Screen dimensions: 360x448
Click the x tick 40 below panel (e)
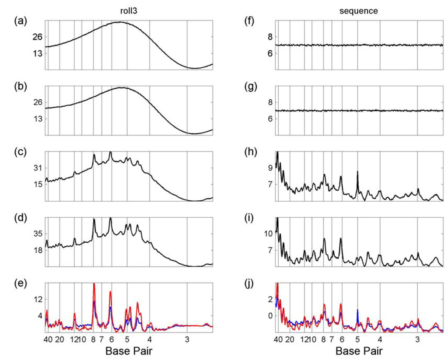pyautogui.click(x=48, y=339)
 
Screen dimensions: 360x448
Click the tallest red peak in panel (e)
pyautogui.click(x=94, y=284)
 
